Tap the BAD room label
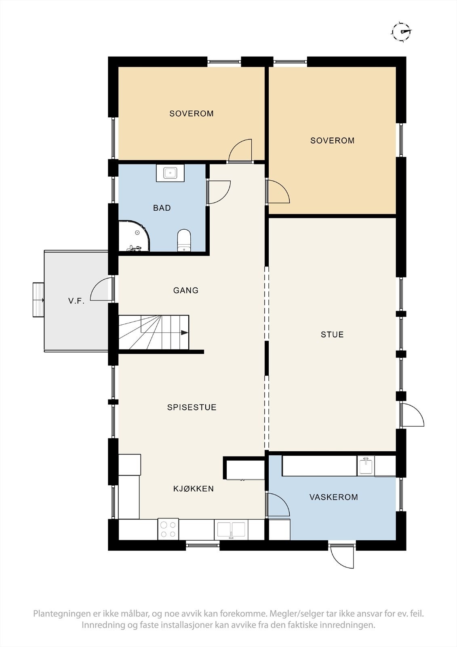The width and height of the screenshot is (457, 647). coord(162,208)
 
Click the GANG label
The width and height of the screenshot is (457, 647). coord(185,290)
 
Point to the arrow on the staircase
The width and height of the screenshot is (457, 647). coord(184,332)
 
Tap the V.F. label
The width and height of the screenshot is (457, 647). coord(76,301)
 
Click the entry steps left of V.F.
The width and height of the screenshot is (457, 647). coord(38,300)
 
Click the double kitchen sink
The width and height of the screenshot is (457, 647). coord(231,530)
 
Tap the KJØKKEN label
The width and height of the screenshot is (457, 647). coord(194,489)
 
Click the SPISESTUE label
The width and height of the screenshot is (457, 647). coord(192,407)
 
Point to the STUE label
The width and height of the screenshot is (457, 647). coord(332,334)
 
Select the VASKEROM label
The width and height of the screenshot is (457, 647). coord(333,497)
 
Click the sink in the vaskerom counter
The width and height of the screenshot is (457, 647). coord(366,466)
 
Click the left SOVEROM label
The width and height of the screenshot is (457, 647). coord(191,114)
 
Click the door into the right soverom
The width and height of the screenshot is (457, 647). coord(278,192)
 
